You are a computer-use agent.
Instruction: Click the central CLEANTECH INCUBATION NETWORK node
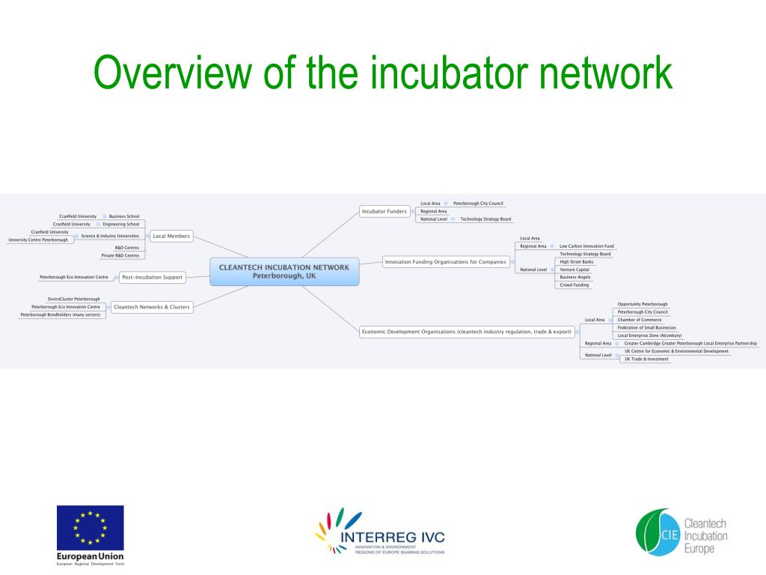click(284, 271)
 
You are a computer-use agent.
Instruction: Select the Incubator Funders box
click(384, 211)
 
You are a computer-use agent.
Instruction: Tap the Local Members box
click(171, 236)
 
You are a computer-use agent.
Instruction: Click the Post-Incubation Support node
click(152, 277)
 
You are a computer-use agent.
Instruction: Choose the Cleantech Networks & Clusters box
click(152, 306)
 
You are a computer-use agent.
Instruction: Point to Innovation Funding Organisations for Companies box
click(446, 262)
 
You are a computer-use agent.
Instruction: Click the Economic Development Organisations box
click(466, 331)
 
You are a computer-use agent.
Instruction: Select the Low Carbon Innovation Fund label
click(586, 246)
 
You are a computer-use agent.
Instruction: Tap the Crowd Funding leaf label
click(574, 285)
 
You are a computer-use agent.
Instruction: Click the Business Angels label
click(574, 277)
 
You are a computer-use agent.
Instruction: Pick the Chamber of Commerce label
click(639, 320)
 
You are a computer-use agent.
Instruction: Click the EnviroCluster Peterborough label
click(74, 299)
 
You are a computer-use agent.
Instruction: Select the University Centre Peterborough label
click(38, 240)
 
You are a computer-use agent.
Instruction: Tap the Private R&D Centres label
click(120, 255)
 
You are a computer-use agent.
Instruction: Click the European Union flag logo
click(91, 528)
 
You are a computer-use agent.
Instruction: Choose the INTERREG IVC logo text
click(392, 537)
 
